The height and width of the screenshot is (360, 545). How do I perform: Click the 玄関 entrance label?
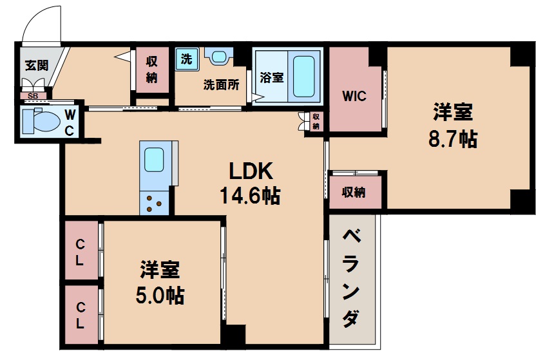[35, 66]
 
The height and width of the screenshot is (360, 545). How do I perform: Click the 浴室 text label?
[271, 77]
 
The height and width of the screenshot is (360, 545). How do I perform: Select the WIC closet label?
[354, 97]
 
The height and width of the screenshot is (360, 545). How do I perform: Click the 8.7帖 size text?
[452, 138]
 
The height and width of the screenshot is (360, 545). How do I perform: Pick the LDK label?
[253, 171]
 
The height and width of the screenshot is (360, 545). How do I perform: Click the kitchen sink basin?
[154, 158]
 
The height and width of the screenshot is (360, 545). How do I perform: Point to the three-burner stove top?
[154, 203]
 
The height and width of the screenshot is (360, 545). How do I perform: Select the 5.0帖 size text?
[159, 295]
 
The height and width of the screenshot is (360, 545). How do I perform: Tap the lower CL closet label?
[81, 316]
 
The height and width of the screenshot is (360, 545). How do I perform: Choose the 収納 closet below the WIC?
[354, 192]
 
